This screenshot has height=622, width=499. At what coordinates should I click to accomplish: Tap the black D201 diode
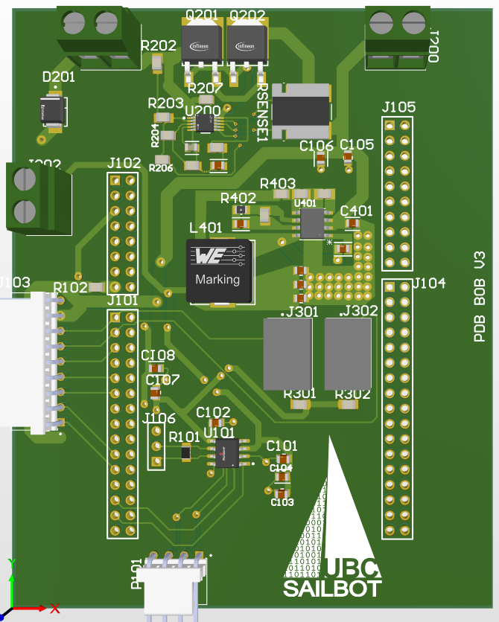[x=53, y=109]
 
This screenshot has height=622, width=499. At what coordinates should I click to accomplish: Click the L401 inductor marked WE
[x=217, y=271]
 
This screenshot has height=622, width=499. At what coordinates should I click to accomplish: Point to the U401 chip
[x=311, y=222]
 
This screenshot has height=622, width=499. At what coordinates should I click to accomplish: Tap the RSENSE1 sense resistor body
[x=301, y=111]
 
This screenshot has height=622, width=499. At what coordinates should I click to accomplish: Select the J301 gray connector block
[x=287, y=354]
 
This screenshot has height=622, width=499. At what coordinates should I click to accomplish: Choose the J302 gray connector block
[x=346, y=354]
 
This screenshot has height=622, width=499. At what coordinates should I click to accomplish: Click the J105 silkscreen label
[x=398, y=107]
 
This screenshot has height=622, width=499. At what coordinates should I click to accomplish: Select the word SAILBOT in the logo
[x=332, y=589]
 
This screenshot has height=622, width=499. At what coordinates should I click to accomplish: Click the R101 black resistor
[x=186, y=451]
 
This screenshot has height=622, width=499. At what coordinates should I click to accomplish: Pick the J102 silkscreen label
[x=124, y=163]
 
